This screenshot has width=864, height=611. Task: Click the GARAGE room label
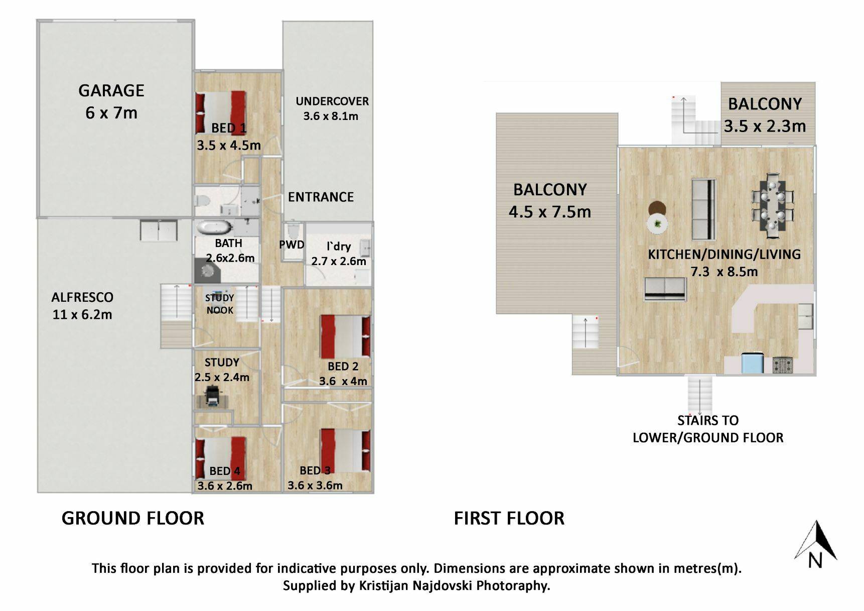pos(111,91)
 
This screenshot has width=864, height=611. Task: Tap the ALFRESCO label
pos(82,297)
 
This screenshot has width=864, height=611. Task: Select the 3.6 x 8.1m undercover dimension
pos(331,116)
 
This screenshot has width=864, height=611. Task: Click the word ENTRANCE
pos(321,197)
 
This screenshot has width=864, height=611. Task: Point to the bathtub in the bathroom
pos(215,227)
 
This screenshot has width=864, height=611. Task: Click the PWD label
pos(292,245)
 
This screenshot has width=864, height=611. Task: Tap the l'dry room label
pos(339,247)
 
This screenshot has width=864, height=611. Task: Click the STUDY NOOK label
pos(220,304)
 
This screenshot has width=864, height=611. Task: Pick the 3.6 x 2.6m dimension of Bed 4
pos(225,486)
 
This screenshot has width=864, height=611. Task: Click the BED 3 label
pos(315,470)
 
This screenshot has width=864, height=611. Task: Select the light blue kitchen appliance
pos(753,363)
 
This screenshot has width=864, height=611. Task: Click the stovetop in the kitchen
pos(783,365)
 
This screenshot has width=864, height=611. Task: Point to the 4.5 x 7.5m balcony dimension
pos(550,212)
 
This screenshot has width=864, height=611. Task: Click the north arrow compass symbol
pos(816,544)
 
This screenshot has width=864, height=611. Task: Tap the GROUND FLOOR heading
pos(133,518)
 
